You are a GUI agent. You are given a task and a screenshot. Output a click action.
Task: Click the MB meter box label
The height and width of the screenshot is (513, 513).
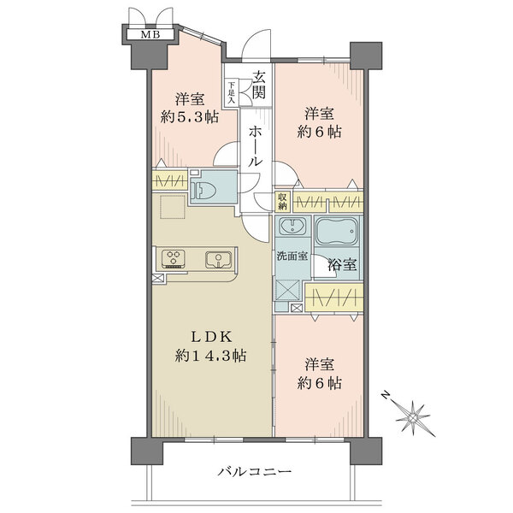coord(150,34)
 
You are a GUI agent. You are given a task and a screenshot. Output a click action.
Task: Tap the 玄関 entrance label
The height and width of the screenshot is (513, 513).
coord(258,85)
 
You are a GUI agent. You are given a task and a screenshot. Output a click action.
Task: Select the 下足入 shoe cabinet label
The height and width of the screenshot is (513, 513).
coord(232,93)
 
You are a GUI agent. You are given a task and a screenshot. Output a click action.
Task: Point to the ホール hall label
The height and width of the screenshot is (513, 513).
coord(256,146)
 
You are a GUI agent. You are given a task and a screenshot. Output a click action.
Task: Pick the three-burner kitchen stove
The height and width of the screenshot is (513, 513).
coord(174,259)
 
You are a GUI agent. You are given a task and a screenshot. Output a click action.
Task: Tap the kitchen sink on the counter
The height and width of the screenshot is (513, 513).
coord(218,259)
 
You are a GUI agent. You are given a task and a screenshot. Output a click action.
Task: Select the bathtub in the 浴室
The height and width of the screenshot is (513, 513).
coord(337,232)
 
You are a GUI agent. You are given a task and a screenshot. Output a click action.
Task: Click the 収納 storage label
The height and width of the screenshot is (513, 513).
coord(282,201)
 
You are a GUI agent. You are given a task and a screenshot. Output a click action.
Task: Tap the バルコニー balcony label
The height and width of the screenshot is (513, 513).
coord(255,471)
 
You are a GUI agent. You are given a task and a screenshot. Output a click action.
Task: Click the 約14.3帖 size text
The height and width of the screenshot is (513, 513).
coord(210,356)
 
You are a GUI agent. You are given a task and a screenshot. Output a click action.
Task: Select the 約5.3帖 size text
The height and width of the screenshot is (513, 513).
coord(190,116)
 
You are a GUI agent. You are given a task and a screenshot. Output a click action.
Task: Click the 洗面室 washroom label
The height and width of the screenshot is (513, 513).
coord(292,256)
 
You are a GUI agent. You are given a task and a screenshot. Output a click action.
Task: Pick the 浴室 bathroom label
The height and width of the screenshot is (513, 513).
coord(343,264)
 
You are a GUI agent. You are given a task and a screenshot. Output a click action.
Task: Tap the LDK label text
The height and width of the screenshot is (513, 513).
coord(211,337)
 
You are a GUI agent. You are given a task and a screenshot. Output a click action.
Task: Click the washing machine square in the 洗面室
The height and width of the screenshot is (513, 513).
coord(287,291)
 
